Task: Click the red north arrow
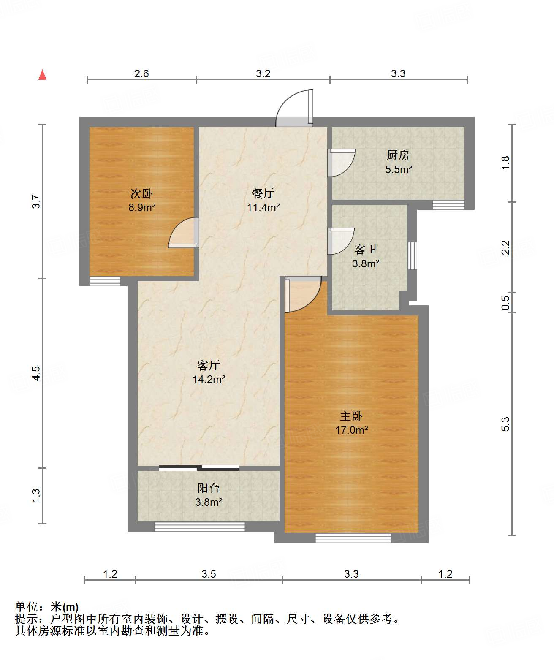pos(42,75)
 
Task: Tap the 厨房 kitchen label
pos(398,155)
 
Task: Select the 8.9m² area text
pos(142,207)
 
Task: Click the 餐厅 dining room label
pos(263,193)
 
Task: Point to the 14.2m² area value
pos(209,379)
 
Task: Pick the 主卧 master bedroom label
pos(351,416)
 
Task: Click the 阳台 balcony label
pos(208,488)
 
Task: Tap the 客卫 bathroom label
pos(365,250)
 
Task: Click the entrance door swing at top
pos(294,108)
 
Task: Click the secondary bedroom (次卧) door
pos(184,232)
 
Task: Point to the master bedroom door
pos(303,294)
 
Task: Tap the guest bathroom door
pos(341,241)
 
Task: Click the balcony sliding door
pos(199,468)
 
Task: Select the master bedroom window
pos(353,538)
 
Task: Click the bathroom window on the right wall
pos(412,256)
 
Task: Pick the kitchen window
pos(448,204)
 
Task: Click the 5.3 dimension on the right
pos(505,424)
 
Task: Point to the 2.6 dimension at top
pos(141,73)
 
